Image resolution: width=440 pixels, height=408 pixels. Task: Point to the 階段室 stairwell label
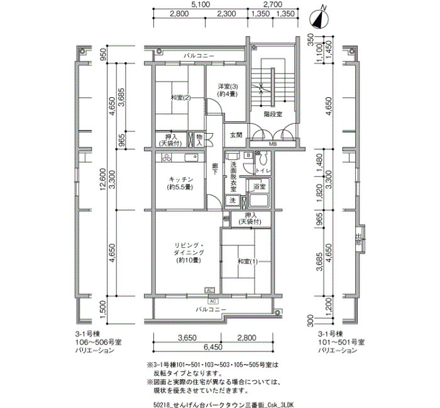272,114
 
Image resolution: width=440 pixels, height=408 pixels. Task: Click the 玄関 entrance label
236,135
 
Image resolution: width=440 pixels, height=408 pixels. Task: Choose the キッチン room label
180,180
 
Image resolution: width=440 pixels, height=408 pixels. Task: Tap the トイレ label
262,170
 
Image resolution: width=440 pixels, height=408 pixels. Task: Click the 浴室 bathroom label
259,187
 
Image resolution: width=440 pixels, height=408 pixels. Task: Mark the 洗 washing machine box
232,200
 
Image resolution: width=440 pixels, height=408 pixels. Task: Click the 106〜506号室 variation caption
96,342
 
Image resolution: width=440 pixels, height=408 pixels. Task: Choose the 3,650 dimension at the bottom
187,337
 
